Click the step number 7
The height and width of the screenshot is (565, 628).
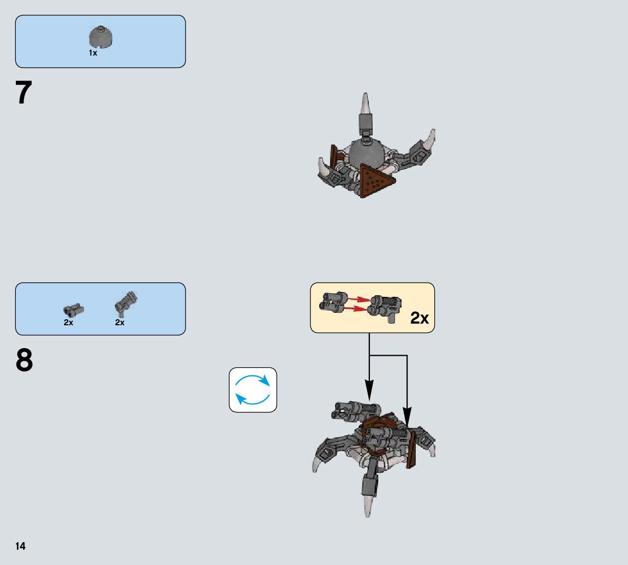(x=24, y=93)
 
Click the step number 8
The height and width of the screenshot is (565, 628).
(x=24, y=361)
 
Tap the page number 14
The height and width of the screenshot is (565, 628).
(x=20, y=546)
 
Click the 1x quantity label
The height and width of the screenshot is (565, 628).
(x=93, y=53)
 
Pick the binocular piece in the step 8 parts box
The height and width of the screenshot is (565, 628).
(x=74, y=310)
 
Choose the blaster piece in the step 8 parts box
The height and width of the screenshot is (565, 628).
(x=126, y=303)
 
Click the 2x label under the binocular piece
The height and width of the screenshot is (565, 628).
(x=68, y=323)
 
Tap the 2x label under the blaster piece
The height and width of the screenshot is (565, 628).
(x=119, y=323)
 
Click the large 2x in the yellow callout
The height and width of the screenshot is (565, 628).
(x=419, y=318)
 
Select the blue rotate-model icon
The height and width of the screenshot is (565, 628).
(x=253, y=390)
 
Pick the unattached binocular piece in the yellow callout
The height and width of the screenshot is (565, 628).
(x=334, y=301)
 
